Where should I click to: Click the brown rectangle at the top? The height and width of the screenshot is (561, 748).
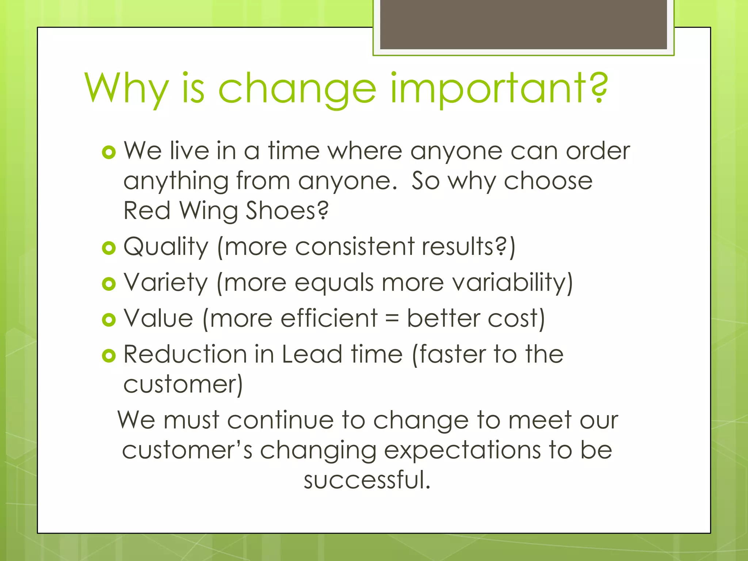click(523, 25)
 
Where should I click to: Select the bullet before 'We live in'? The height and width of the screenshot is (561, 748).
click(109, 152)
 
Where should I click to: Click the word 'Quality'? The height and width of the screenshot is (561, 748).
click(166, 247)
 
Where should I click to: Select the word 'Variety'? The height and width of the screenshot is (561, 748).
click(166, 283)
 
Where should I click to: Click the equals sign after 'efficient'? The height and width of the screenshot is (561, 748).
click(392, 319)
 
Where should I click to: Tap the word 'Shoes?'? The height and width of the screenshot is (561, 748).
click(287, 211)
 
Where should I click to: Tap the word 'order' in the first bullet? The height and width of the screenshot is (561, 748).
click(598, 151)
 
